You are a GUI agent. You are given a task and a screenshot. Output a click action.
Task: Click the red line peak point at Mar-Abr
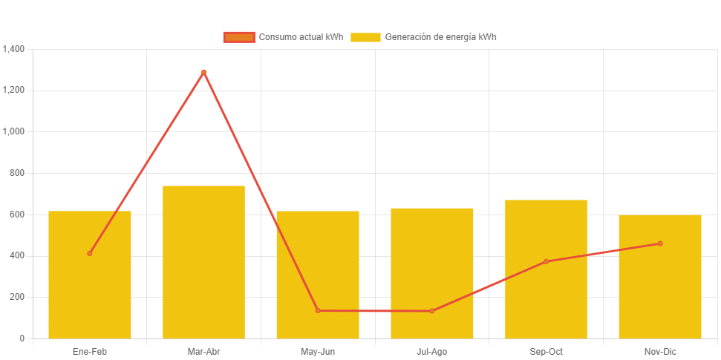coord(203,72)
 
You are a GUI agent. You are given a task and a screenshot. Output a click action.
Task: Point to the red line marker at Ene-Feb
coord(90,253)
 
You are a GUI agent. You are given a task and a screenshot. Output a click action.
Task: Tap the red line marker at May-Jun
coord(318,310)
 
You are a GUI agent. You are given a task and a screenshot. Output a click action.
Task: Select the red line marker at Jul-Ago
coord(432,311)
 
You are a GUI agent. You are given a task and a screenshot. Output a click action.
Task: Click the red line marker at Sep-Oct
coord(546,261)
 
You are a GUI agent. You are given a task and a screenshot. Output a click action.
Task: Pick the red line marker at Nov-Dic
coord(660,243)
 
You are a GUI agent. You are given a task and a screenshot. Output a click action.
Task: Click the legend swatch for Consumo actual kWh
coord(239,37)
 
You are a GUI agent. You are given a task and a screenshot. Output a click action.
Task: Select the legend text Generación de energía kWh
coord(440,37)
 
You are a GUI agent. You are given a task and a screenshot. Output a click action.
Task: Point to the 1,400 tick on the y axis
coord(14,49)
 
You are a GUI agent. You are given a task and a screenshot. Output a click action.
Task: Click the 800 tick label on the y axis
coord(16,173)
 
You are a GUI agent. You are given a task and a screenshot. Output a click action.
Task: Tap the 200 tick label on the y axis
coord(16,297)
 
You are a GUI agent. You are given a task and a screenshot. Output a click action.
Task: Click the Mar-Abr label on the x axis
coord(203,352)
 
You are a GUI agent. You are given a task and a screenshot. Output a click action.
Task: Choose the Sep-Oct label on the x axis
coord(546,352)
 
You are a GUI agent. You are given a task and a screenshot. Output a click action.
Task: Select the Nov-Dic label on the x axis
coord(660,352)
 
